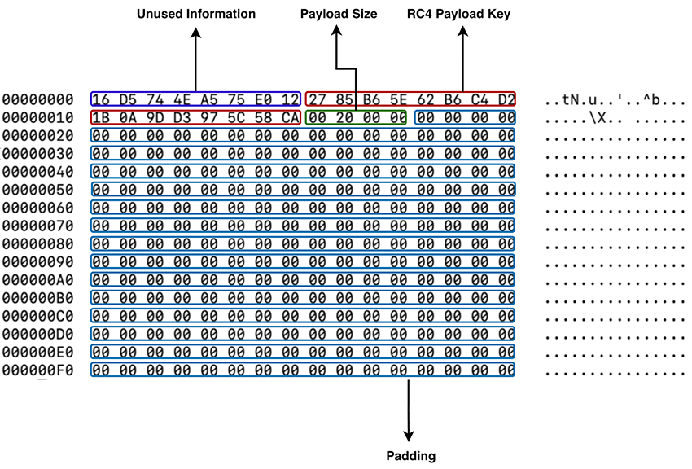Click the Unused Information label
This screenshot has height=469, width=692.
point(195,14)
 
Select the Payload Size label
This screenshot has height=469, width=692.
point(339,14)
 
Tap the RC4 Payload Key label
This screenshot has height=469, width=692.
point(458,14)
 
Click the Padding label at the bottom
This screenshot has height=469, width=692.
point(410,455)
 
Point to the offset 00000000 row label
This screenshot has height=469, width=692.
point(37,99)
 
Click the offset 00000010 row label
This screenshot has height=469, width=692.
point(37,117)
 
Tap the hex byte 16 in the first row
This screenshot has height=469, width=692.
point(101,99)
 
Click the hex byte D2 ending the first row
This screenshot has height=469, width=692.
point(505,99)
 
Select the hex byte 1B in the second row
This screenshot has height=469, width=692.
point(101,117)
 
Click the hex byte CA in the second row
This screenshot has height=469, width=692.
point(290,117)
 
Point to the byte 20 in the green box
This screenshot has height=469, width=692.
point(343,117)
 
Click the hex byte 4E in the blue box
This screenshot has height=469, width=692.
point(182,99)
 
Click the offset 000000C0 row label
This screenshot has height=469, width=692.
point(37,316)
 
